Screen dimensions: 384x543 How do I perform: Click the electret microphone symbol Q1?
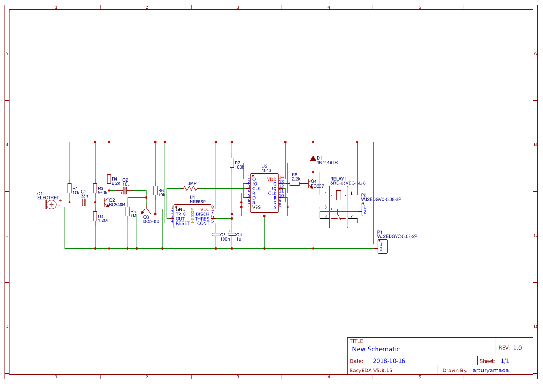pyautogui.click(x=51, y=204)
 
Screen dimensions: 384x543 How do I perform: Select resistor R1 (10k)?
pyautogui.click(x=69, y=188)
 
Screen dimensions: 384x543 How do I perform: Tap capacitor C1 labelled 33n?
pyautogui.click(x=83, y=202)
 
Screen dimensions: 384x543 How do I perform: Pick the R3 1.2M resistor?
pyautogui.click(x=95, y=216)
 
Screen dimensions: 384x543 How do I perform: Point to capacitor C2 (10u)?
pyautogui.click(x=125, y=190)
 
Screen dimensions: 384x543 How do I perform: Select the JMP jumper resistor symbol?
pyautogui.click(x=190, y=188)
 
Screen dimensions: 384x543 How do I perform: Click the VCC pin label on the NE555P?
pyautogui.click(x=204, y=209)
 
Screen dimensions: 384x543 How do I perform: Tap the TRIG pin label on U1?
pyautogui.click(x=180, y=214)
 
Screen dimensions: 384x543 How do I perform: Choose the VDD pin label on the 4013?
pyautogui.click(x=271, y=179)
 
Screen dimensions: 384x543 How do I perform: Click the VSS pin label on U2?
pyautogui.click(x=256, y=207)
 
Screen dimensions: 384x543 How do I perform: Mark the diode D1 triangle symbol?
pyautogui.click(x=313, y=158)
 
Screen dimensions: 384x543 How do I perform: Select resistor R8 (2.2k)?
pyautogui.click(x=294, y=183)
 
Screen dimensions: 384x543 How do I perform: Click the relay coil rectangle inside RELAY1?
pyautogui.click(x=339, y=195)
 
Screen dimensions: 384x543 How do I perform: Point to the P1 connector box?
pyautogui.click(x=383, y=246)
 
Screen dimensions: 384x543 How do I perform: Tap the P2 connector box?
pyautogui.click(x=366, y=209)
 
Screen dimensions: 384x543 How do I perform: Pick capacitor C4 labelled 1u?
pyautogui.click(x=232, y=235)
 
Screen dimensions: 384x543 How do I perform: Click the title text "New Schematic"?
pyautogui.click(x=376, y=349)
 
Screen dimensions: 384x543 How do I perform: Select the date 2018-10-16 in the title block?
pyautogui.click(x=389, y=361)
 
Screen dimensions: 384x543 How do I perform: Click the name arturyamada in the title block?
pyautogui.click(x=490, y=370)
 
